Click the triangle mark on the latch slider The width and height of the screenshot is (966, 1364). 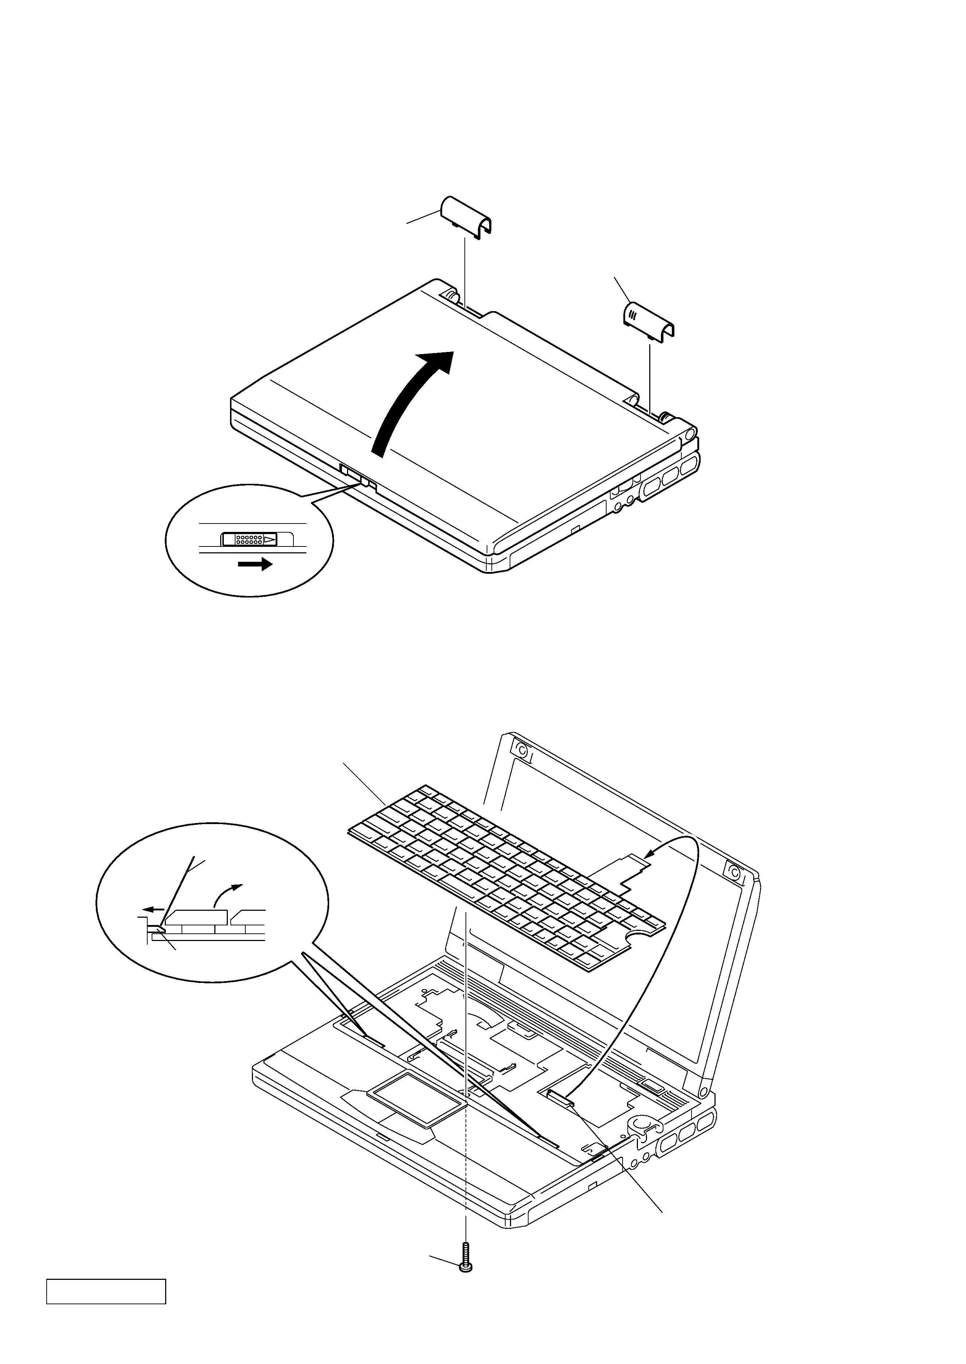coord(270,540)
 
